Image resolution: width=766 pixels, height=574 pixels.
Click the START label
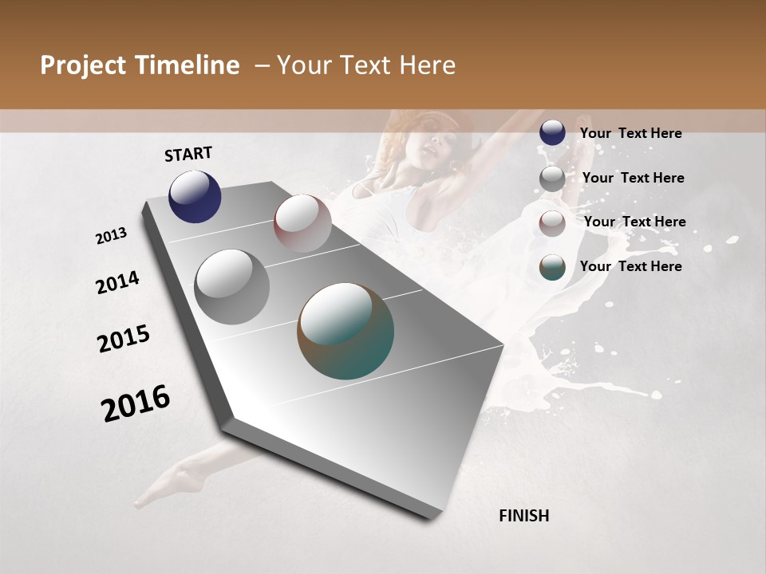[188, 154]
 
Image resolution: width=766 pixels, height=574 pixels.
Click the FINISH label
[524, 516]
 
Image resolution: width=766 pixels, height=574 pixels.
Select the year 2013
[111, 236]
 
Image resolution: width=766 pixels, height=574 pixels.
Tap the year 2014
[117, 283]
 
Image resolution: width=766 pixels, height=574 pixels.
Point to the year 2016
[136, 403]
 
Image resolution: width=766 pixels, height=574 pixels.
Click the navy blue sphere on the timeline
[195, 197]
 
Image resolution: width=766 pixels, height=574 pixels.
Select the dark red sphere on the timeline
[302, 223]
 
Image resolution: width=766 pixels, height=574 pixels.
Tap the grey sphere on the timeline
[232, 286]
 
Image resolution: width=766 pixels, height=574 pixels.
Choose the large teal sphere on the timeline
[345, 331]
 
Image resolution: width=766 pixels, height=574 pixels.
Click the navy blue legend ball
[552, 132]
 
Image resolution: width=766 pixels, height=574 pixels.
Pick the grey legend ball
[552, 179]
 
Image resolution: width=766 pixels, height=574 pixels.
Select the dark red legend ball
[552, 223]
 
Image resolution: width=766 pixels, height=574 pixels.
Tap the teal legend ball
[552, 267]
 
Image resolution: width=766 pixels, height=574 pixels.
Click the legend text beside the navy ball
[630, 133]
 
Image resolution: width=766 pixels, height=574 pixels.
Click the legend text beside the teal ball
[630, 266]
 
